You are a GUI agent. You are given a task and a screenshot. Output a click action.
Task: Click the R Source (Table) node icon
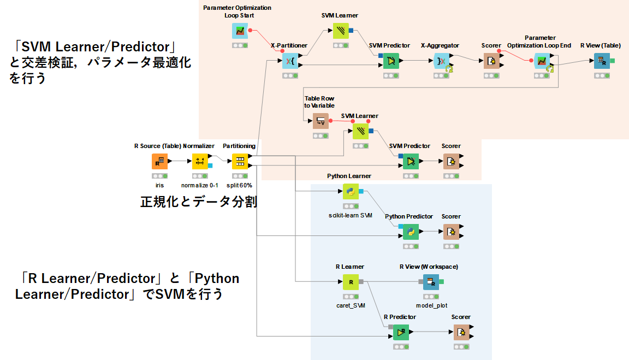click(159, 162)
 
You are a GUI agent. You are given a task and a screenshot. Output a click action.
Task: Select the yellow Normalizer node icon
click(200, 162)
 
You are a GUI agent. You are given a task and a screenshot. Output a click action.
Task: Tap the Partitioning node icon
click(240, 162)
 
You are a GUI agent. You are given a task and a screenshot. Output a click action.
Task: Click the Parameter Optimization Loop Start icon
click(240, 31)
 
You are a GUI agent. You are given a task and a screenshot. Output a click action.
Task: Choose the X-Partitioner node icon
click(290, 61)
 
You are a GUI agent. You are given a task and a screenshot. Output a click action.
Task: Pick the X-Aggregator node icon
click(441, 61)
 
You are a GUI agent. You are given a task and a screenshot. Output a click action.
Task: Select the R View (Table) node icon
click(602, 61)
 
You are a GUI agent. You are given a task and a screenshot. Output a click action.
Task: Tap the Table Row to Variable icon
click(321, 121)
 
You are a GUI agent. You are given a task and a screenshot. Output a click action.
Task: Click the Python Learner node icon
click(350, 192)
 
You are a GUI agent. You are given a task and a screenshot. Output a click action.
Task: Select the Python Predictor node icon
click(411, 232)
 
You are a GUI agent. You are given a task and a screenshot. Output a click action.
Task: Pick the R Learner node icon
click(350, 282)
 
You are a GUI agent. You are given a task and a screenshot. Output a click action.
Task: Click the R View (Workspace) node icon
click(431, 282)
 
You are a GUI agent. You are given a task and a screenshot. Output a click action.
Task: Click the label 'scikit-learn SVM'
click(350, 215)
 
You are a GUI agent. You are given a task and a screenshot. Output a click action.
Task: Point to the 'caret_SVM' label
click(350, 305)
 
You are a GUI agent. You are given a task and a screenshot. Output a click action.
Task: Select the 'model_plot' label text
click(431, 305)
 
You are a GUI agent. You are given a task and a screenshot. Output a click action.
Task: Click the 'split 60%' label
click(240, 185)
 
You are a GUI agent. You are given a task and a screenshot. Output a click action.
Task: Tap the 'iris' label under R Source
click(159, 185)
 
